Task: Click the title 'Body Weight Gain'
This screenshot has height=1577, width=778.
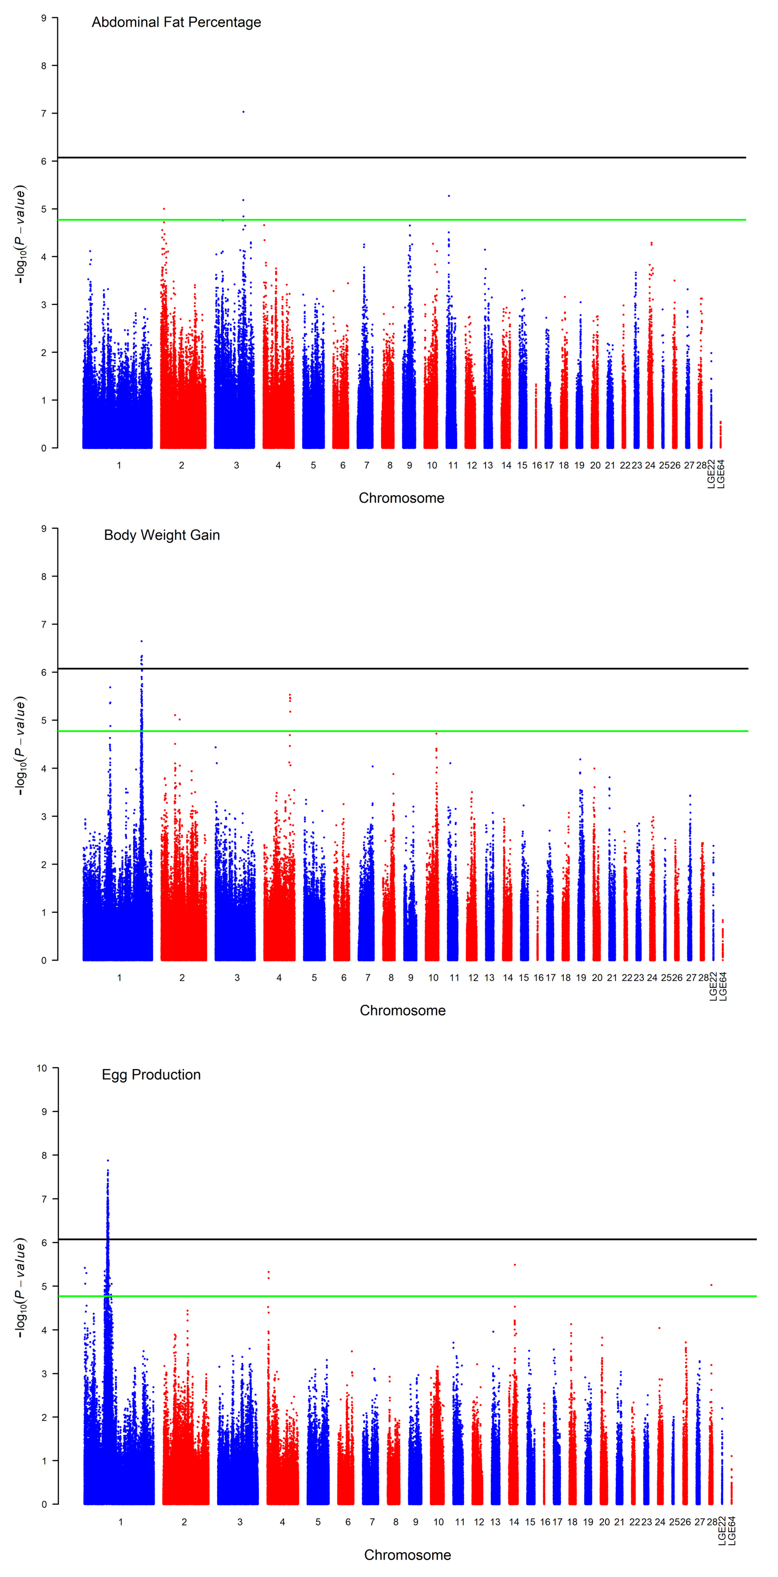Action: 162,535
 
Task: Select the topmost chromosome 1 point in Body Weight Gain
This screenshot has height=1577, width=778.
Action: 142,641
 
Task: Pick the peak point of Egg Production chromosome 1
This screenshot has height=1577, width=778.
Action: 108,1160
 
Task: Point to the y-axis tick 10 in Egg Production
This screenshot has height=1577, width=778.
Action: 42,1068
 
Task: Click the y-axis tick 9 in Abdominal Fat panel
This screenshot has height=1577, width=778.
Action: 43,18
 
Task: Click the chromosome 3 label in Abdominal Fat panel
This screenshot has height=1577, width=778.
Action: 236,465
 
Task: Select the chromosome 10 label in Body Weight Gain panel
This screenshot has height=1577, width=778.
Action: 433,978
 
